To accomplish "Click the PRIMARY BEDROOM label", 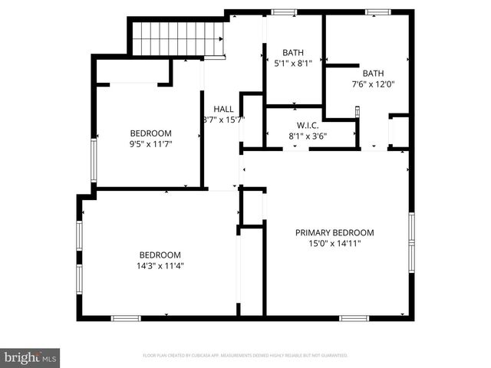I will coord(334,232).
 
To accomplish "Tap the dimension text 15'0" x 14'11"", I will coord(334,243).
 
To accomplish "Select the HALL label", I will coord(223,109).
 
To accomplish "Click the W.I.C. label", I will coord(308,125).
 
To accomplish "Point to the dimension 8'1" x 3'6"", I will coord(308,136).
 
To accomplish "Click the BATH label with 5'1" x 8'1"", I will coord(293,53).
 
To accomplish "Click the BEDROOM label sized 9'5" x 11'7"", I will coord(150,133).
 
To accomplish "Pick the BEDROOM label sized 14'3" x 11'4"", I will coord(160,255).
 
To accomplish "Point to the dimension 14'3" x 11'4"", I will coord(160,266).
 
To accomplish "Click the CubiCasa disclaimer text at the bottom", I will coord(245,356).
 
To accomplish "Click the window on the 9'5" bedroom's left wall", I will coord(94,159).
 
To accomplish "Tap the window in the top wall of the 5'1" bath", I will coord(284,12).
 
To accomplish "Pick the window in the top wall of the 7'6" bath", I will coord(377,12).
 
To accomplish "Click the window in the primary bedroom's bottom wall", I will coord(354,317).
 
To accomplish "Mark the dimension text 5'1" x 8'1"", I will coord(293,64).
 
